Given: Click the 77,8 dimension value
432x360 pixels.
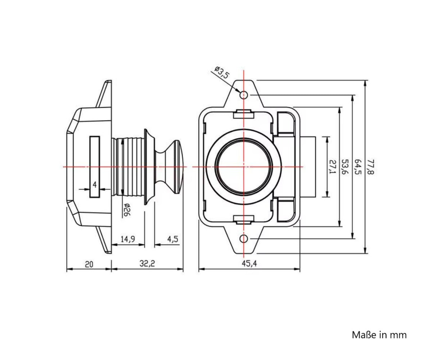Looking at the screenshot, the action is click(x=370, y=167).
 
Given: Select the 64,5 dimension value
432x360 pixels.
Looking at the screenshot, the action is click(x=358, y=167).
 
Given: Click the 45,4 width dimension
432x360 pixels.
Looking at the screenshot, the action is click(x=249, y=264).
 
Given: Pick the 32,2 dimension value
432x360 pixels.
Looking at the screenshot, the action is click(x=147, y=264).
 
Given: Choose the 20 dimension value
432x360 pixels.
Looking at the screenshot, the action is click(x=89, y=264).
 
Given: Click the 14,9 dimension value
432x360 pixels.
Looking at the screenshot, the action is click(x=128, y=239).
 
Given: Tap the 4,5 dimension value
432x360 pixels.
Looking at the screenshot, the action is click(x=173, y=239).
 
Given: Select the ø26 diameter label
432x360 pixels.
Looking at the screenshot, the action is click(x=126, y=210).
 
